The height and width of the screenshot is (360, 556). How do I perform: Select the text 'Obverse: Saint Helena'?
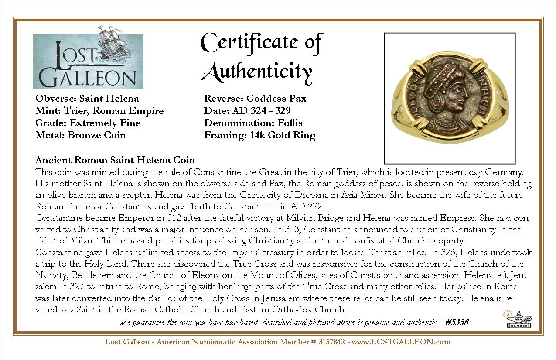click(87, 99)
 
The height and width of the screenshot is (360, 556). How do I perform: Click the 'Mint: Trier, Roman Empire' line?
click(99, 111)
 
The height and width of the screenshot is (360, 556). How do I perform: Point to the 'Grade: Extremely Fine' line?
click(88, 123)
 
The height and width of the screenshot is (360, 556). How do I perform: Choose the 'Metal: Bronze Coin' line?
click(81, 135)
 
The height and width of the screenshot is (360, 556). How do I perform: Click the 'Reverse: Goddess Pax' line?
click(255, 99)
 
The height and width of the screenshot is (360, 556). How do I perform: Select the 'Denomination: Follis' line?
click(253, 123)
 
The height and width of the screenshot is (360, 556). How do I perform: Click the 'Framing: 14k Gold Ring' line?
click(259, 135)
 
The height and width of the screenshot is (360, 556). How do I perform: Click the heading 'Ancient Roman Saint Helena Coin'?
click(115, 160)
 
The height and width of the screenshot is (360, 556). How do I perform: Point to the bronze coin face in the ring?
click(449, 98)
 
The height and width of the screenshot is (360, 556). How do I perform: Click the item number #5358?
click(457, 322)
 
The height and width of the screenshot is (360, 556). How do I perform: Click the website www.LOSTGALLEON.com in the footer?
click(401, 342)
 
